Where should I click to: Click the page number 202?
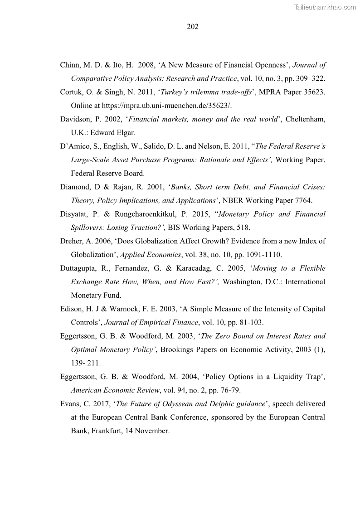[x=193, y=27]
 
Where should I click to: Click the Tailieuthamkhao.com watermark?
[x=326, y=7]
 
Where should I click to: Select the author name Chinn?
[x=70, y=65]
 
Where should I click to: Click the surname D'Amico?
[x=75, y=146]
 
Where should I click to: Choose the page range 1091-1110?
[x=257, y=255]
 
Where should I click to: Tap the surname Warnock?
[x=116, y=309]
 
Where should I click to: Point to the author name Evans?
[x=69, y=404]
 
